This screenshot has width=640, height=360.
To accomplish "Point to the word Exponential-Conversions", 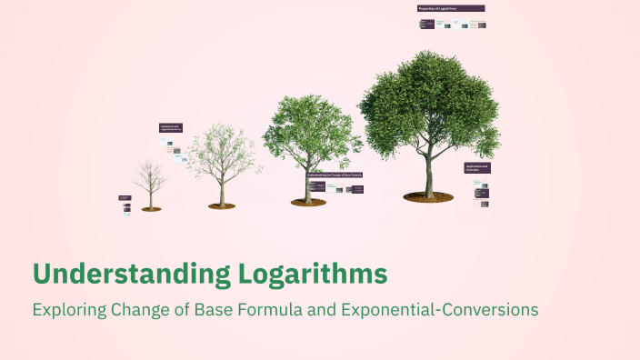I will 440,309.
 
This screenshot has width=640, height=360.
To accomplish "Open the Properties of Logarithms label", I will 450,8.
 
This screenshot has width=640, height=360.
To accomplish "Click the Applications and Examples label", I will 477,168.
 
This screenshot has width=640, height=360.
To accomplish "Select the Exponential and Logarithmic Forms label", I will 171,128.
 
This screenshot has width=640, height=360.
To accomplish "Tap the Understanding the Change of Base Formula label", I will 335,174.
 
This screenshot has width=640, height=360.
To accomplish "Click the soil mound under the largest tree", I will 428,196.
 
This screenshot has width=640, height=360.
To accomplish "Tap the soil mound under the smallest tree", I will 151,209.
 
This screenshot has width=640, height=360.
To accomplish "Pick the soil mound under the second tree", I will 222,205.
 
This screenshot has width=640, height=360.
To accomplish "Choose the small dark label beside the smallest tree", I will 125,196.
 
